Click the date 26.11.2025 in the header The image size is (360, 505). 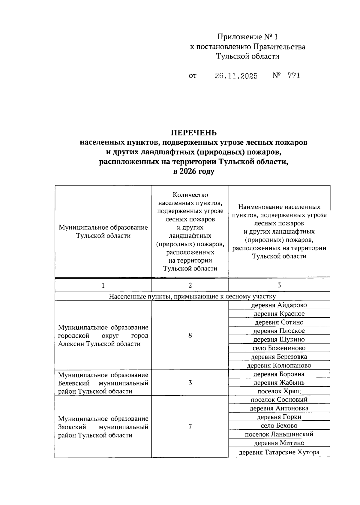tap(236, 76)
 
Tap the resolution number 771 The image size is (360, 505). tap(293, 76)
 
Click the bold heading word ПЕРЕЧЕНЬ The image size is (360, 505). tap(193, 133)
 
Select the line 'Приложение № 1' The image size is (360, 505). tap(247, 37)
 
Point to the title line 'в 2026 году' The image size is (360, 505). tap(193, 171)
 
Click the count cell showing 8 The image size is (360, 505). tap(190, 335)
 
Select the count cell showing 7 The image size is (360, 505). tap(190, 426)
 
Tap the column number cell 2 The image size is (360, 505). tap(190, 285)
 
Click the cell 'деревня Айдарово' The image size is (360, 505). tap(279, 305)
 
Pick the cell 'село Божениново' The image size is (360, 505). tap(279, 348)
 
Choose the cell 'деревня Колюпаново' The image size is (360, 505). tap(279, 365)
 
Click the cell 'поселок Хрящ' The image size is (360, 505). tap(279, 391)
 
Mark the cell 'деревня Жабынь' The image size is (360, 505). tap(279, 383)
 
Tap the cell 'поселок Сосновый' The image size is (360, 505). tap(279, 400)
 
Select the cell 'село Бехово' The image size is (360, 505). tap(279, 425)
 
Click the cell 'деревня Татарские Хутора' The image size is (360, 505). tap(279, 452)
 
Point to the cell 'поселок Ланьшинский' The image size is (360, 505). tap(279, 434)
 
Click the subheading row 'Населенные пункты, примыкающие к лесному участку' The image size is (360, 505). tap(192, 296)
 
